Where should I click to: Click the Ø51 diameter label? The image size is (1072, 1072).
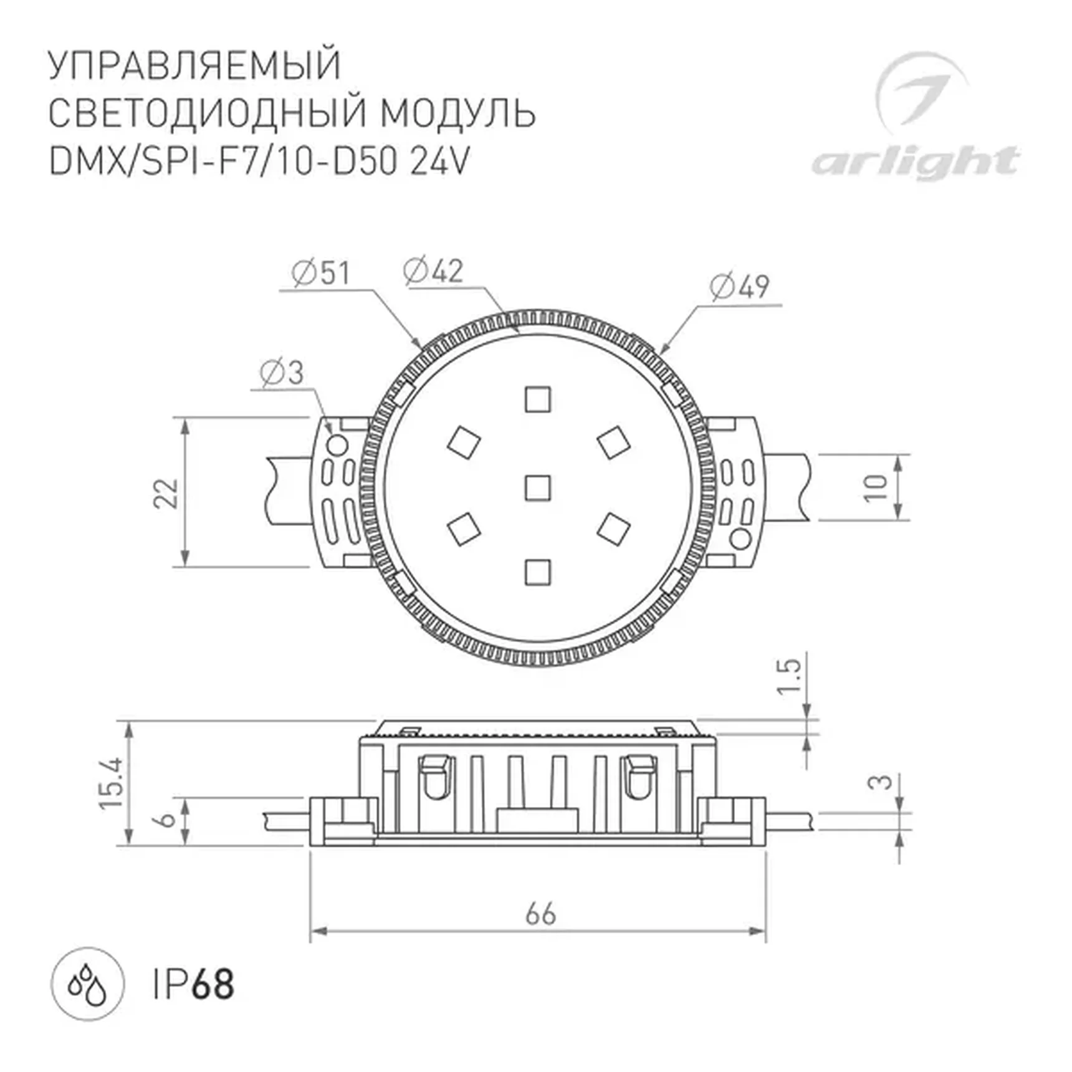(x=321, y=274)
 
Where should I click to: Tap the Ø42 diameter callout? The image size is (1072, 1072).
(x=433, y=271)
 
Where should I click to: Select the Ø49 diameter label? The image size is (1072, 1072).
(x=740, y=287)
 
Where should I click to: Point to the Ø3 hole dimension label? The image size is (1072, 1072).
(x=282, y=373)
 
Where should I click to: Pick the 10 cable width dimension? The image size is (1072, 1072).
(x=876, y=487)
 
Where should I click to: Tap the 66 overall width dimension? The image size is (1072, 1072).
(x=540, y=915)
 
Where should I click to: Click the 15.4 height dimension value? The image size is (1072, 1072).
(x=112, y=783)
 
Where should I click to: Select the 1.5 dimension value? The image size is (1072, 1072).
(x=789, y=676)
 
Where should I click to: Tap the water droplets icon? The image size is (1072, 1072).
(x=87, y=985)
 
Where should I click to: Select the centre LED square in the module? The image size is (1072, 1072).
(x=537, y=488)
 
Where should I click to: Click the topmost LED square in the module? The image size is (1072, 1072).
(x=537, y=400)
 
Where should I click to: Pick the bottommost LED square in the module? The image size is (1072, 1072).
(x=537, y=572)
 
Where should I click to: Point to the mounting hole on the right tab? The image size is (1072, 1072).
(x=740, y=538)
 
